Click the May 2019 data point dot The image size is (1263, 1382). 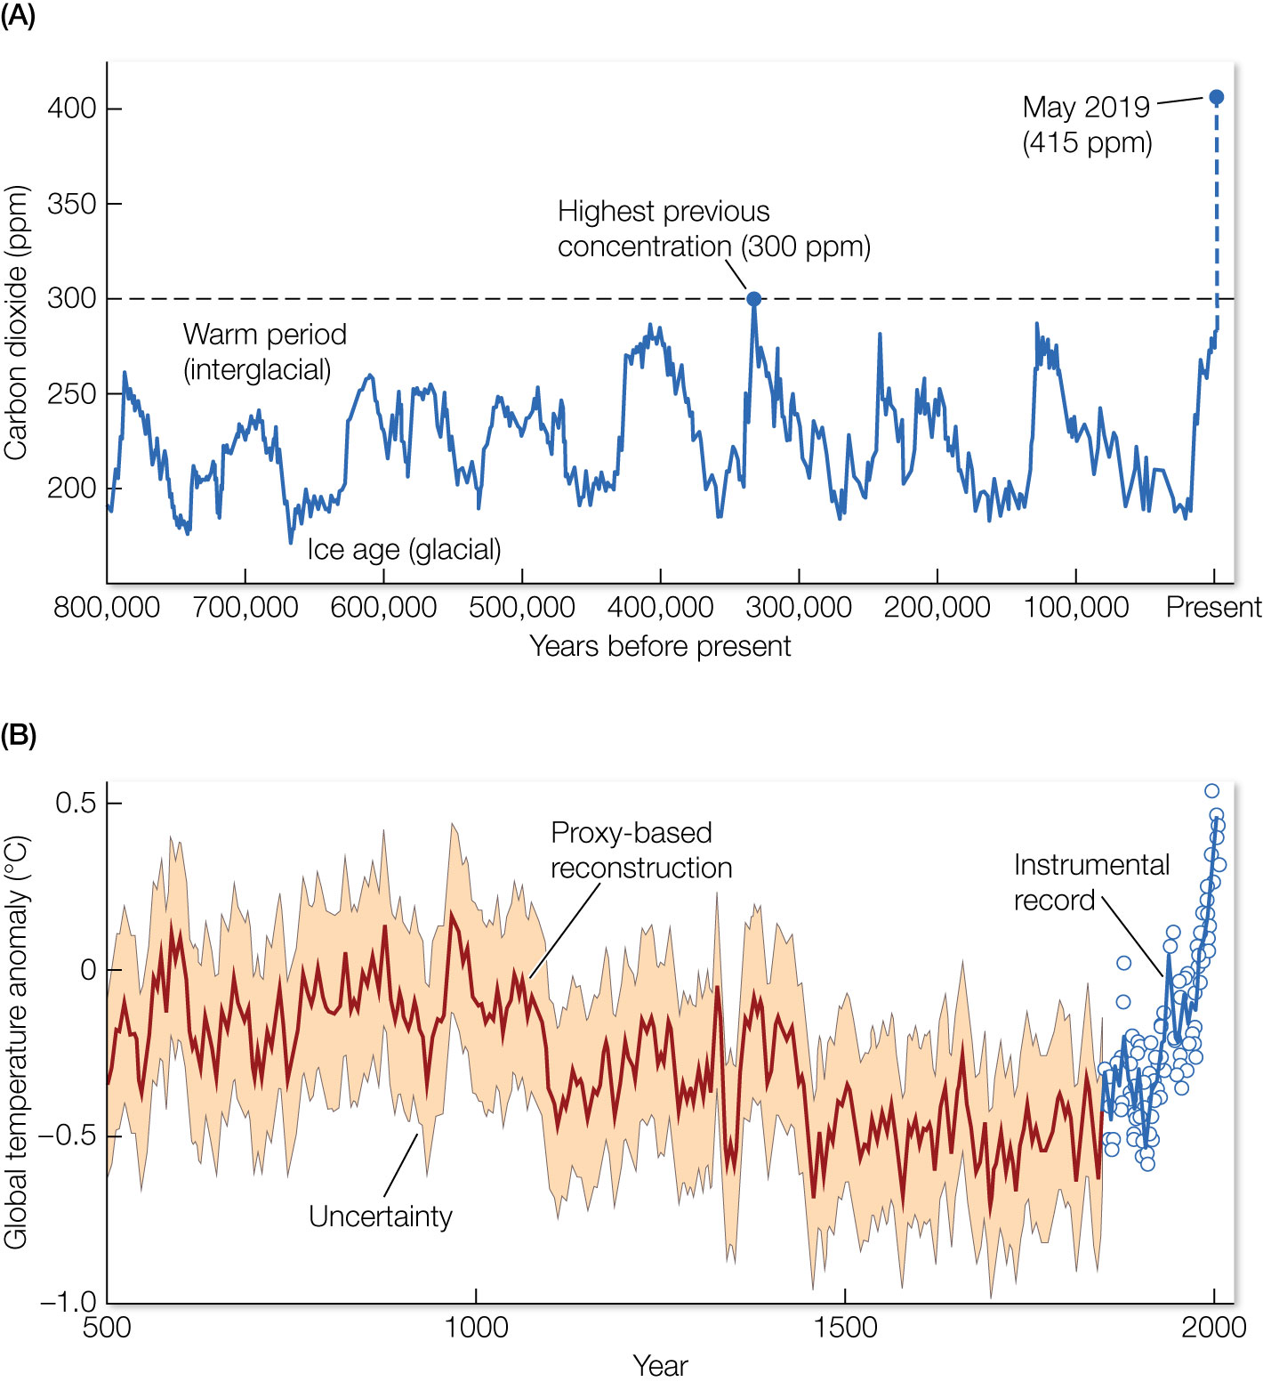(x=1217, y=97)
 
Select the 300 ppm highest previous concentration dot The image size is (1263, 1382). (x=753, y=299)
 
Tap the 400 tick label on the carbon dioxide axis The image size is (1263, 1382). (x=71, y=109)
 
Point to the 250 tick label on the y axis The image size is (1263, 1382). (x=71, y=393)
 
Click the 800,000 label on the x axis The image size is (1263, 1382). (x=107, y=608)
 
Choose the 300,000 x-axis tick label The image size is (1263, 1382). (x=799, y=608)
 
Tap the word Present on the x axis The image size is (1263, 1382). (x=1213, y=608)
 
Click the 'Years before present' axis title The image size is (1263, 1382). (x=660, y=646)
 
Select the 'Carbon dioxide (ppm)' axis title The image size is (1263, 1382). (x=16, y=322)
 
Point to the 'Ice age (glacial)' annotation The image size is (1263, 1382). (x=405, y=550)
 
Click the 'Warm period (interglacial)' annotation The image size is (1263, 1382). (x=264, y=352)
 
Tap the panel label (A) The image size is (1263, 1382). (x=18, y=16)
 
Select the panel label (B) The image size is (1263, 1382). (x=18, y=736)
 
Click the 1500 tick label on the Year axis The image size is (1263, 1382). (x=845, y=1328)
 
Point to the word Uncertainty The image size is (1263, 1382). (x=381, y=1216)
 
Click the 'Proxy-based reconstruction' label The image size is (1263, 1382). (x=641, y=851)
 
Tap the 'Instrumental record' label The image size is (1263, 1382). (x=1091, y=883)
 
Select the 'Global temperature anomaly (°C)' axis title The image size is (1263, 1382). (x=16, y=1041)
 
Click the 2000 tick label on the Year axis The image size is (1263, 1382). (x=1213, y=1328)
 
